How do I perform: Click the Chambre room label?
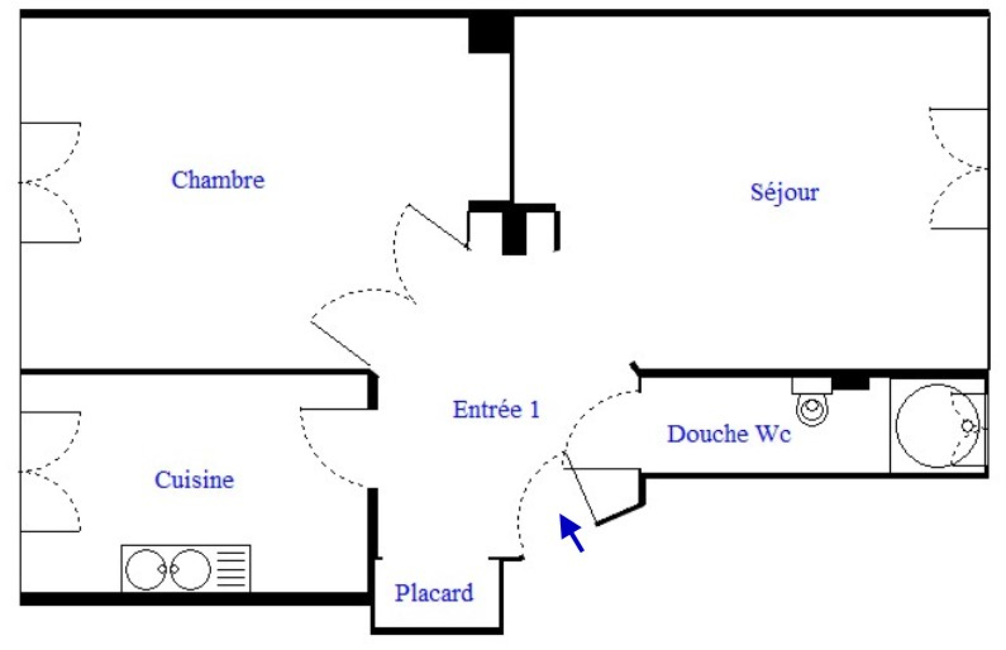(218, 180)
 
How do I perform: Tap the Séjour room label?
(784, 192)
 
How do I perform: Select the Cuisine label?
(194, 480)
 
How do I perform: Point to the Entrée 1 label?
(496, 409)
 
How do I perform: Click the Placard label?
(434, 593)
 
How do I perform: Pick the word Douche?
(707, 434)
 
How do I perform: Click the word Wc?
(773, 434)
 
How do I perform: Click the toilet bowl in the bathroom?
(812, 410)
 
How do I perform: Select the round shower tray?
(936, 426)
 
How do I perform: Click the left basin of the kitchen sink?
(145, 570)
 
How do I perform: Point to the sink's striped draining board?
(231, 569)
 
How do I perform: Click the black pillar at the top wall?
(490, 35)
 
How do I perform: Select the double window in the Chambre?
(50, 182)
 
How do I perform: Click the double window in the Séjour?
(959, 168)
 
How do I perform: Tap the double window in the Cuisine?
(50, 471)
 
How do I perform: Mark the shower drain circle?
(968, 427)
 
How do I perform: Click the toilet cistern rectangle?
(811, 385)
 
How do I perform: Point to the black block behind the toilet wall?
(851, 382)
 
